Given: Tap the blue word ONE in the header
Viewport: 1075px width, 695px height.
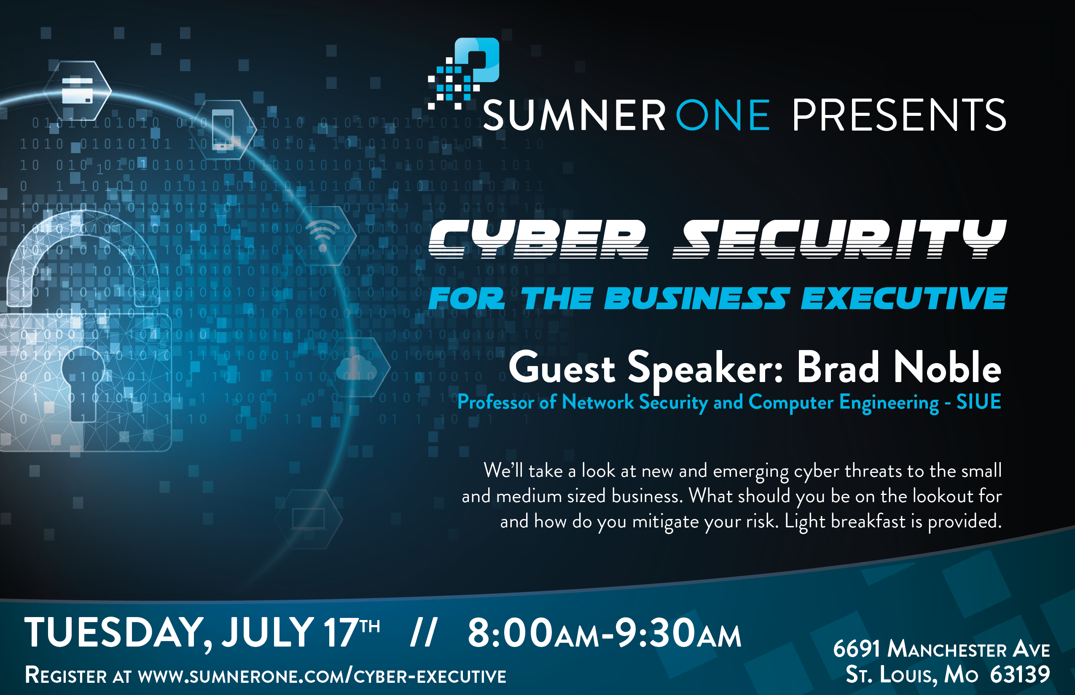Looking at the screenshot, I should pos(722,115).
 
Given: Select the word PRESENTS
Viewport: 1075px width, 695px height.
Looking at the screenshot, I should pos(899,115).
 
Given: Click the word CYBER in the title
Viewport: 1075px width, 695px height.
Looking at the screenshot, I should pos(537,239).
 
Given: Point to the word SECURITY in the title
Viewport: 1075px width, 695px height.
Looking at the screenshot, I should pos(840,239).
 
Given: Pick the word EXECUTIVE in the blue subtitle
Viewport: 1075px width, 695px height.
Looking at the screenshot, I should pos(903,299).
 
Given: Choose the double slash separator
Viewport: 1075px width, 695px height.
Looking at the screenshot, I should pos(423,633).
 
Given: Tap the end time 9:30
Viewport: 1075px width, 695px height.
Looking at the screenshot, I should pos(655,633).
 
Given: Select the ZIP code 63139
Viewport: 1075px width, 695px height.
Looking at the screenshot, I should pos(1020,675).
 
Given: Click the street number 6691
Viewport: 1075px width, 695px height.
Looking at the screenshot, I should pos(856,649).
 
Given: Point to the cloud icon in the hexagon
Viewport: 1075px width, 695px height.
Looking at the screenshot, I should pos(356,368).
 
